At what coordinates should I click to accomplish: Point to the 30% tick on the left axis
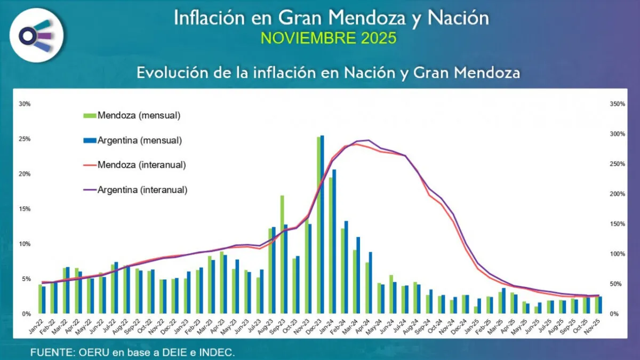(24, 104)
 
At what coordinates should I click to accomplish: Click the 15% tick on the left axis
(24, 209)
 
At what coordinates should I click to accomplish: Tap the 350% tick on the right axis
(617, 104)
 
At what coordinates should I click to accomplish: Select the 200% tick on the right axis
(617, 194)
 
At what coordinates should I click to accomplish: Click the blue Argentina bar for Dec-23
(322, 224)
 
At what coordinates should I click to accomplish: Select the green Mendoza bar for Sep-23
(282, 254)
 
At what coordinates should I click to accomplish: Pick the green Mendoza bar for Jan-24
(331, 245)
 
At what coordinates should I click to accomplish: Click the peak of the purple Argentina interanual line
(368, 140)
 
